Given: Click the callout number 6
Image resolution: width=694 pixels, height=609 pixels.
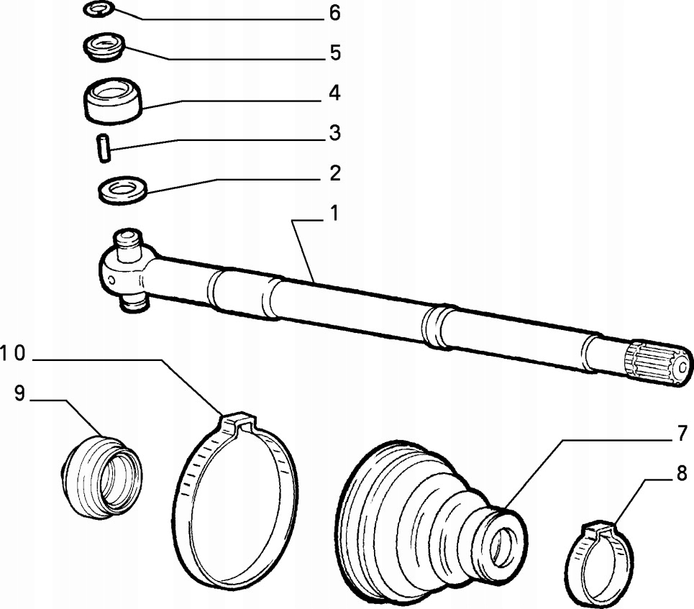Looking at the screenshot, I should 335,14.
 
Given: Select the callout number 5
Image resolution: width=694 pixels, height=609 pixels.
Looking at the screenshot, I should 335,53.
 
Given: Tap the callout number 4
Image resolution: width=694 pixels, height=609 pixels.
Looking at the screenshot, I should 335,93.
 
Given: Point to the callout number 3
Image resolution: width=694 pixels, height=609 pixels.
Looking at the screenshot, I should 335,134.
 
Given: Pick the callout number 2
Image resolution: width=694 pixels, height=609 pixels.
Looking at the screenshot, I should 335,174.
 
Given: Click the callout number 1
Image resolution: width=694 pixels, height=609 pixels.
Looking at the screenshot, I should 335,214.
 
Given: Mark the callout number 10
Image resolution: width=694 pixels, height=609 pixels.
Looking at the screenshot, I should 12,353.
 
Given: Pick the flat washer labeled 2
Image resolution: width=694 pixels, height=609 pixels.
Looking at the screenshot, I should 122,191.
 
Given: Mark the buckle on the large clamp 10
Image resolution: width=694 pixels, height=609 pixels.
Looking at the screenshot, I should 236,422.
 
